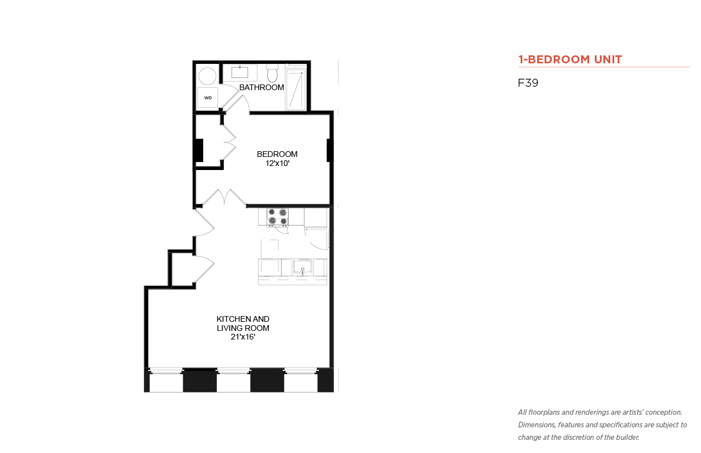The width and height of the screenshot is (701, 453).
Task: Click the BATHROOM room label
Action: [x=261, y=87]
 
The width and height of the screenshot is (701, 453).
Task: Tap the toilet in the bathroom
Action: [x=272, y=73]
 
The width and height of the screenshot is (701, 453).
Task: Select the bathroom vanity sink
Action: [x=240, y=72]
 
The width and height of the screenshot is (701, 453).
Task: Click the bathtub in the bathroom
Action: [x=296, y=90]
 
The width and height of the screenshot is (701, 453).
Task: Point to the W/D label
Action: [x=208, y=98]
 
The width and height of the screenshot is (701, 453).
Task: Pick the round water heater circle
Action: [x=207, y=76]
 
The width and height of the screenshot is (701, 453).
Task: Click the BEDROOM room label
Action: [x=277, y=154]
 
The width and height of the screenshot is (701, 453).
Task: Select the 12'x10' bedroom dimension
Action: [x=277, y=163]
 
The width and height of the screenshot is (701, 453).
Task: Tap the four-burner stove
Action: [x=277, y=217]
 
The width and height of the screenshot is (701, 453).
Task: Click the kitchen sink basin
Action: [x=303, y=267]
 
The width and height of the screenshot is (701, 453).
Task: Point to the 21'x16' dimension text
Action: [x=243, y=337]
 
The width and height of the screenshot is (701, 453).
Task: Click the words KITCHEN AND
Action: [x=243, y=319]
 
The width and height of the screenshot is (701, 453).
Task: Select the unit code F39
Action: [x=528, y=83]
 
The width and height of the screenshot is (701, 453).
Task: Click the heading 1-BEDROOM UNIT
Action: [x=570, y=59]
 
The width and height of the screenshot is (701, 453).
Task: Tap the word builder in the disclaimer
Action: [x=627, y=438]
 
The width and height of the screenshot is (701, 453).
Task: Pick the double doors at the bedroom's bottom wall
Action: [x=224, y=197]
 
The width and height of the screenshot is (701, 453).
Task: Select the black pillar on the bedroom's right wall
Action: [x=329, y=151]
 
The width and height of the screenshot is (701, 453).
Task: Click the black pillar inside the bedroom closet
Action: [x=199, y=151]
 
